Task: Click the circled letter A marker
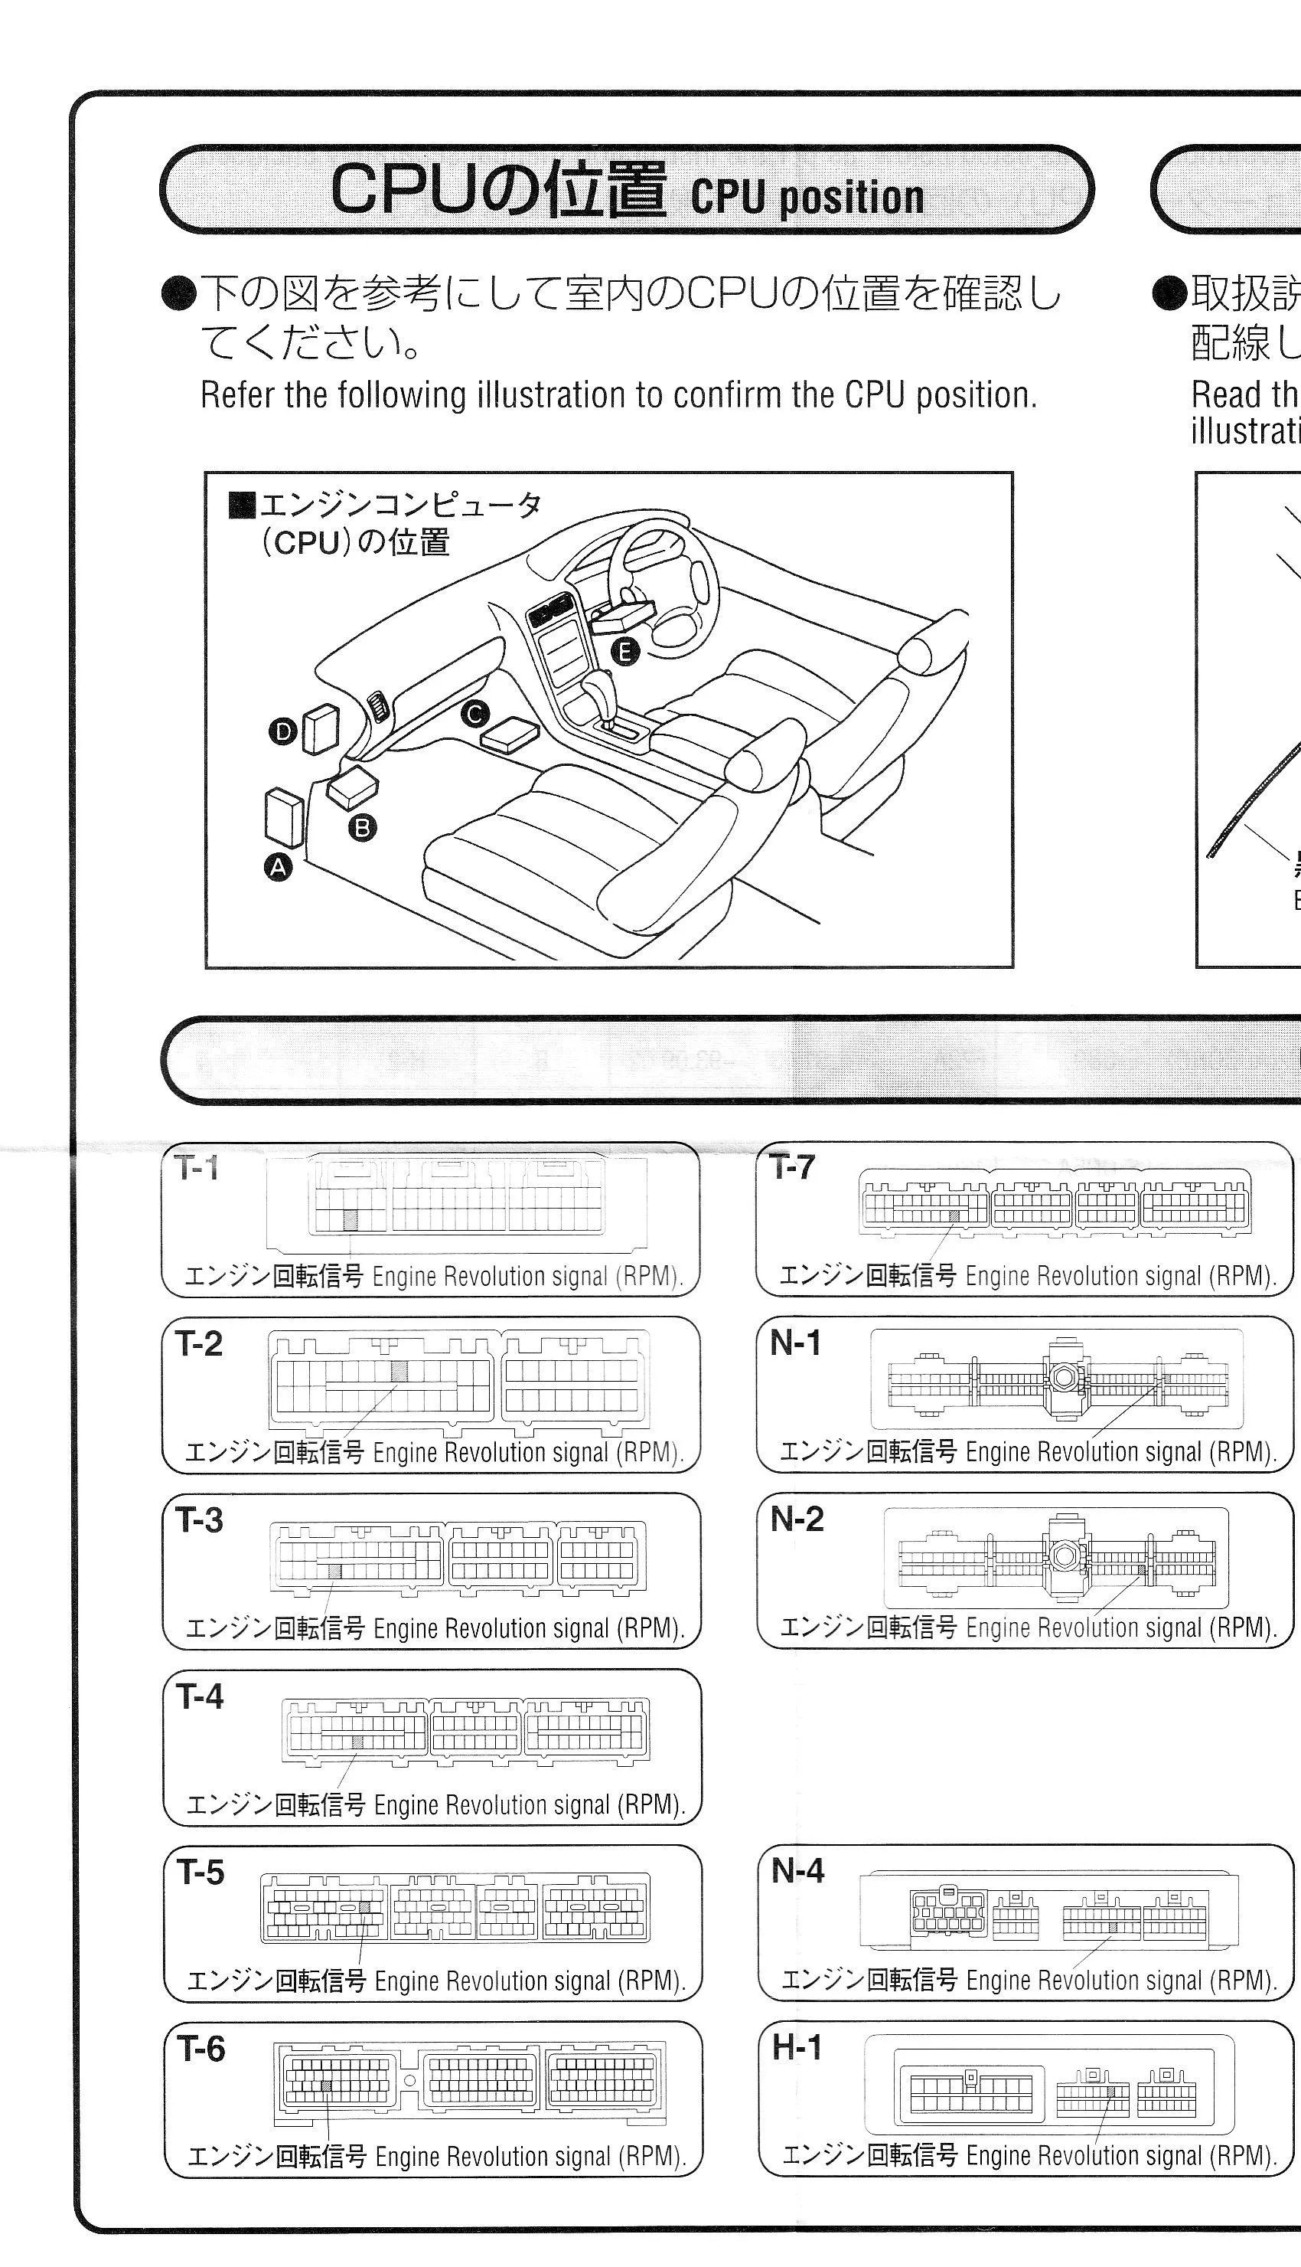(279, 866)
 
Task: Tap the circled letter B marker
(362, 828)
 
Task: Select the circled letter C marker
(474, 713)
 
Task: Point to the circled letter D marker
(282, 732)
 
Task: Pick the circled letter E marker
(624, 652)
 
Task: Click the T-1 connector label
(197, 1169)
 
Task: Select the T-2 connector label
(198, 1343)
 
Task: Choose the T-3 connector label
(199, 1520)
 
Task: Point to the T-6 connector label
(201, 2048)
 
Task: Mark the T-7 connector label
(793, 1166)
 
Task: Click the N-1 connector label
(794, 1343)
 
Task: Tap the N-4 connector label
(797, 1871)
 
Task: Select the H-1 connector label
(796, 2047)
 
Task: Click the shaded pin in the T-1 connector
(351, 1218)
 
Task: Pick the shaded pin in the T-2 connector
(399, 1370)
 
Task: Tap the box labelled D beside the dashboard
(321, 728)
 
